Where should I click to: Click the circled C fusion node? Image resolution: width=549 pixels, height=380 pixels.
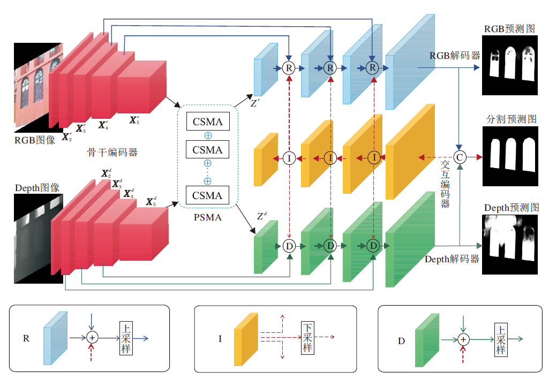pos(460,157)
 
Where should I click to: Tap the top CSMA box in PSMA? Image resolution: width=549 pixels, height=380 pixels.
pos(207,121)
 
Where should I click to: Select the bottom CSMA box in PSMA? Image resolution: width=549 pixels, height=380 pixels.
pos(207,195)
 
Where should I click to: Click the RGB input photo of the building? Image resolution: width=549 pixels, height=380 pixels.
pos(33,91)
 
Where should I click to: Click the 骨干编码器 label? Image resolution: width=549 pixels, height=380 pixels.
pos(112,153)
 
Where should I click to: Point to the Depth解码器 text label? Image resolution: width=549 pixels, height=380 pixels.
pos(452,259)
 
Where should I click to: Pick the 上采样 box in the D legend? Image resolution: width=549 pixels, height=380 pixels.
pos(500,339)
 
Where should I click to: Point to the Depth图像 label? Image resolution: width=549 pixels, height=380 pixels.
pos(37,188)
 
